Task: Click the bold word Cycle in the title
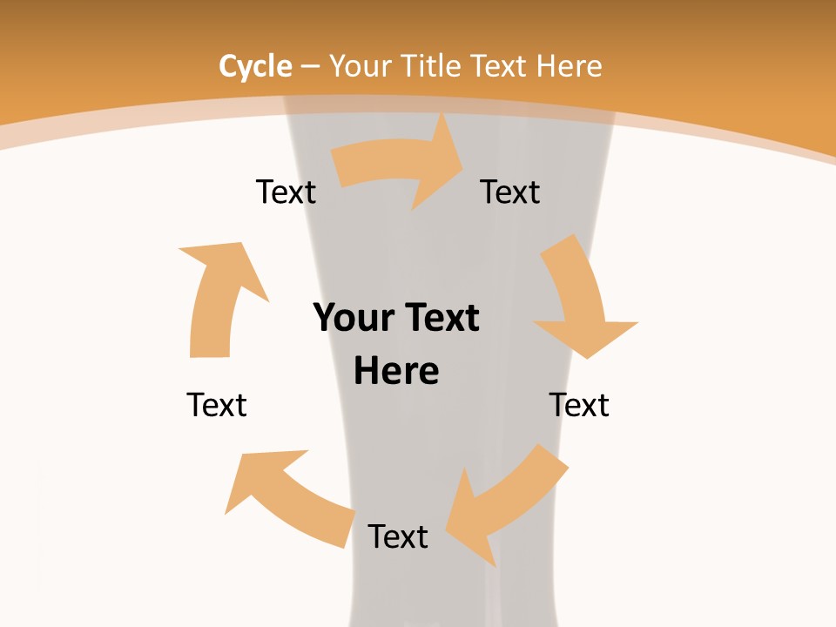click(x=255, y=66)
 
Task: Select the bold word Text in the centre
click(x=439, y=318)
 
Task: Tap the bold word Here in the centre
click(x=396, y=371)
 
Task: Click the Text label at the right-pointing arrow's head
click(x=510, y=192)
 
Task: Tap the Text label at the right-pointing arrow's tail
click(x=286, y=192)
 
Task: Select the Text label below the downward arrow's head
click(x=579, y=405)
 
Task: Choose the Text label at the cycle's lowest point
click(x=398, y=536)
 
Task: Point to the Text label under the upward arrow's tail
click(x=217, y=405)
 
